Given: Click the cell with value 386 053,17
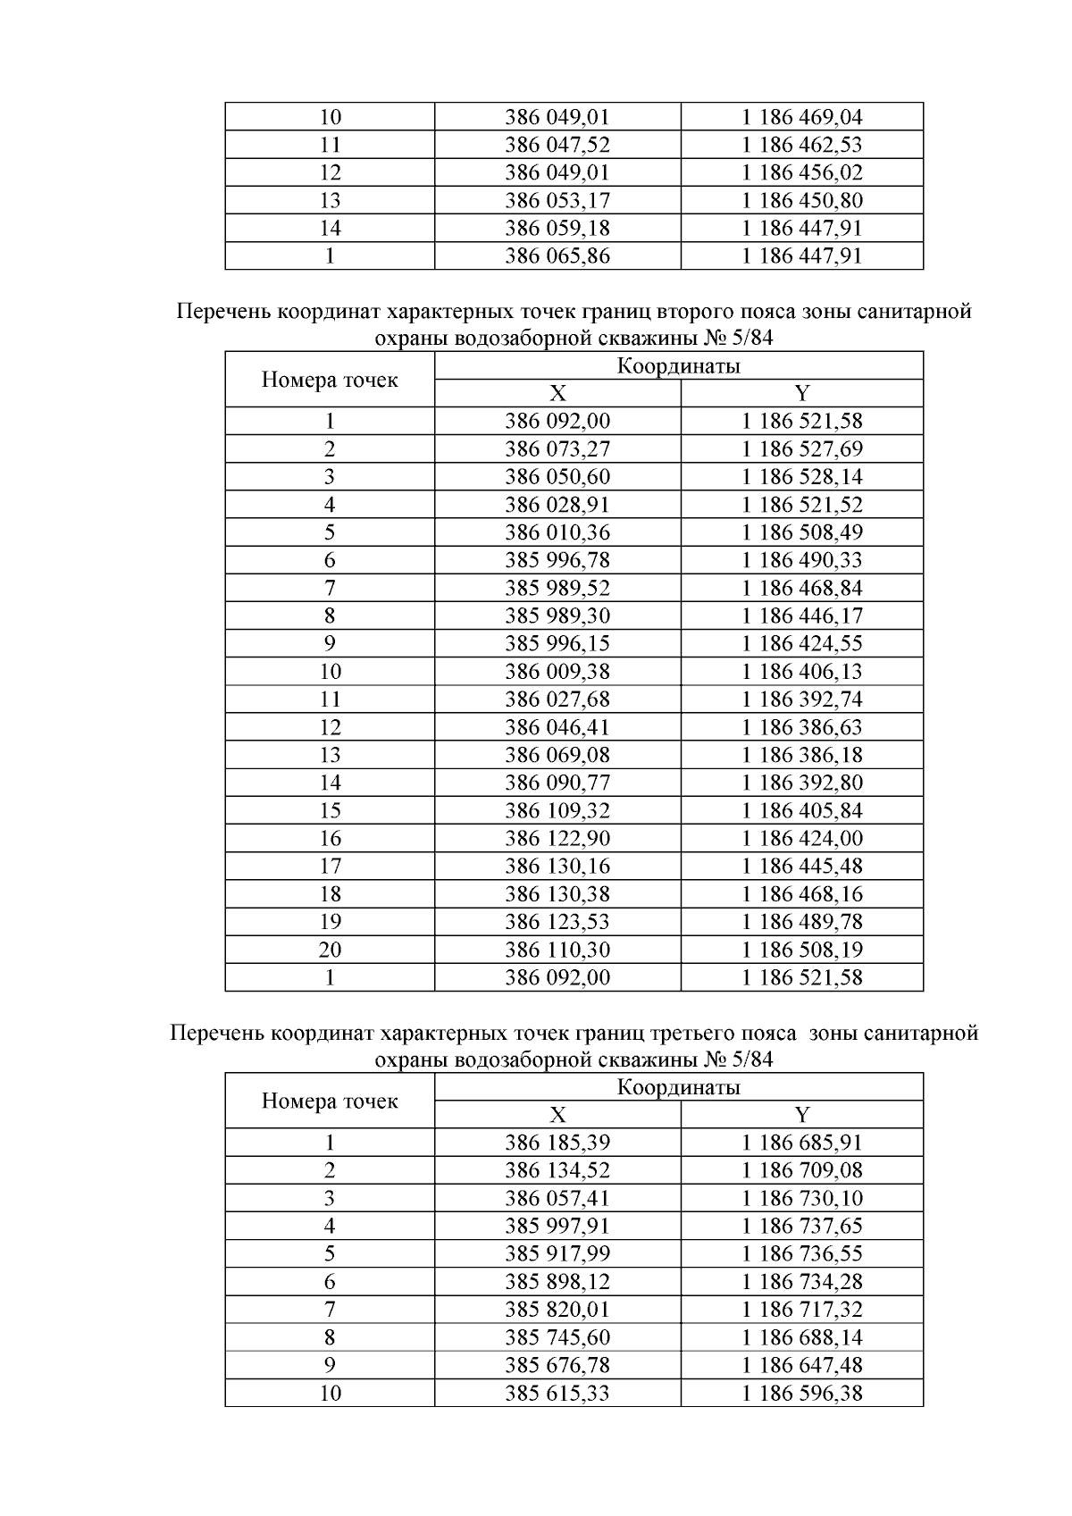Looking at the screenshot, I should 557,200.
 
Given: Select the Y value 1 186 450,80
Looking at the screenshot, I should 801,200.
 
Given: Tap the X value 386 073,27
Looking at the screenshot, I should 557,448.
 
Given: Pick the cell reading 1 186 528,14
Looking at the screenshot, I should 801,476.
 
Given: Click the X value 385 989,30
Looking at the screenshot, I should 557,616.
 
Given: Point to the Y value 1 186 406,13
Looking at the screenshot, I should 801,671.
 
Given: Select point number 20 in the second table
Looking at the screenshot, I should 330,950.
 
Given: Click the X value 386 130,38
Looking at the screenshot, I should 557,893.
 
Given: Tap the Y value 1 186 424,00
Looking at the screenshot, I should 801,838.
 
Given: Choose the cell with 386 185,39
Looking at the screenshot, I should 557,1143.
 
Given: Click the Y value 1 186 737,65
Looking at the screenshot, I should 801,1226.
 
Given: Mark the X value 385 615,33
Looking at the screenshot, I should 557,1393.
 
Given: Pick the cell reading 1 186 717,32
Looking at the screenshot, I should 801,1310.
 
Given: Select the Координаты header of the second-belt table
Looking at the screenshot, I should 678,365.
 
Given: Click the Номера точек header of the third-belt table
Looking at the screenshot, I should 330,1101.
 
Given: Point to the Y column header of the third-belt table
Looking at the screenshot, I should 801,1115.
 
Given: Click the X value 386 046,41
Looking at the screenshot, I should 557,727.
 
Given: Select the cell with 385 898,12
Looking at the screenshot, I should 557,1282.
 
